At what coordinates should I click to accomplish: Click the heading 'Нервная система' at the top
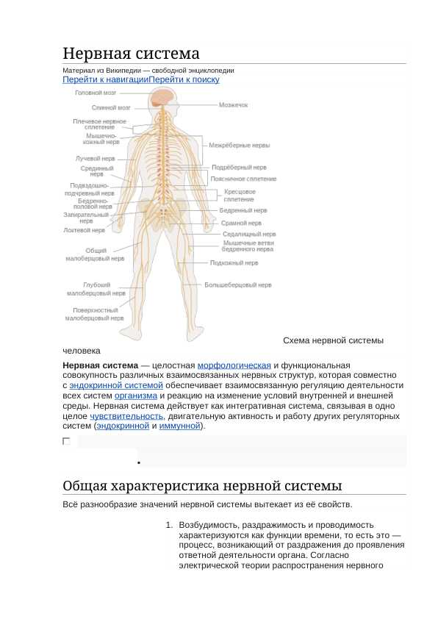(x=131, y=54)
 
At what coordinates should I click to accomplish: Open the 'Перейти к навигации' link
(x=106, y=79)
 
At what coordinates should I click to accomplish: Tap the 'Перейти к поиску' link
(x=184, y=79)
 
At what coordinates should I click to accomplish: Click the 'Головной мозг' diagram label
(x=96, y=93)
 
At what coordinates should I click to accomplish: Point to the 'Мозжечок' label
(x=233, y=105)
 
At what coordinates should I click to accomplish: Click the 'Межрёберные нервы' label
(x=239, y=145)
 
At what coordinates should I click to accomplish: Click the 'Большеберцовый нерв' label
(x=237, y=285)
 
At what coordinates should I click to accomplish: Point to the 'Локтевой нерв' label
(x=84, y=230)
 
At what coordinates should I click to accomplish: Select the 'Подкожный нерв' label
(x=234, y=262)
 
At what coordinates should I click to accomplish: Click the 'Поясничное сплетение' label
(x=243, y=179)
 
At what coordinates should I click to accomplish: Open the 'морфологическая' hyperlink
(x=234, y=365)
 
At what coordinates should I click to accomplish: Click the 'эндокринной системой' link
(x=116, y=385)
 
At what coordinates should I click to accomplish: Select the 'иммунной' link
(x=180, y=426)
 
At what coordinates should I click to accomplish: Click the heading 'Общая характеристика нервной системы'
(x=202, y=486)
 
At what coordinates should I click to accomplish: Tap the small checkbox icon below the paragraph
(x=66, y=441)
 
